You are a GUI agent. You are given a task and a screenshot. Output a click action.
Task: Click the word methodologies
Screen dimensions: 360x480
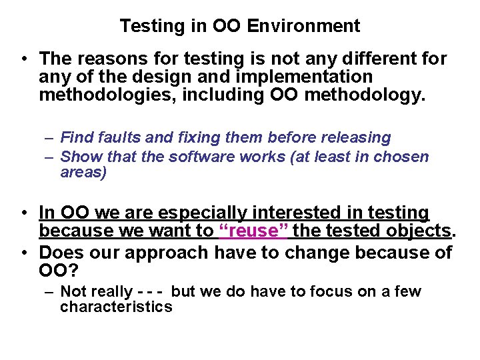(x=106, y=96)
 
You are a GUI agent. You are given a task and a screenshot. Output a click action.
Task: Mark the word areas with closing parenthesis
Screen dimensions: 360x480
(x=83, y=173)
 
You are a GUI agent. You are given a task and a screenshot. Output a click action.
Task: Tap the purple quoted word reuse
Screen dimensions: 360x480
(x=254, y=231)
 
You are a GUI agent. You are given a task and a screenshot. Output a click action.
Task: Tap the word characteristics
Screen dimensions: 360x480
(x=116, y=307)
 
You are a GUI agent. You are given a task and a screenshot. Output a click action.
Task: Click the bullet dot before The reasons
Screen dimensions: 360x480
(x=23, y=59)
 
